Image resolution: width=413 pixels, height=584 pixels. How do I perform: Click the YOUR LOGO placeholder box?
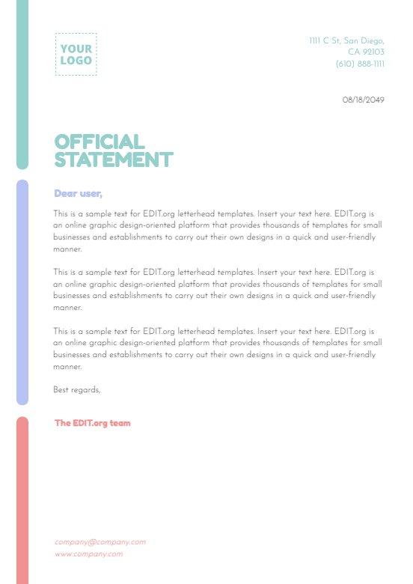click(76, 54)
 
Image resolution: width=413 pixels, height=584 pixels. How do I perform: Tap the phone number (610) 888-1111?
click(360, 64)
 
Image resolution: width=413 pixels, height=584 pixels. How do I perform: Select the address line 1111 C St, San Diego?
click(346, 40)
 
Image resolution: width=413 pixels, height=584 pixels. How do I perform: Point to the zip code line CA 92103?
click(366, 52)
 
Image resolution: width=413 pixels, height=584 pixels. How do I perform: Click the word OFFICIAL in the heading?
click(100, 142)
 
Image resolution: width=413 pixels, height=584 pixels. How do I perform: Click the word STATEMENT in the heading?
click(114, 159)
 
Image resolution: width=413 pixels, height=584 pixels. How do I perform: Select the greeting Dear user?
click(78, 193)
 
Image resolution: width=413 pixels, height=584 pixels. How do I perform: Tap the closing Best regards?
click(77, 389)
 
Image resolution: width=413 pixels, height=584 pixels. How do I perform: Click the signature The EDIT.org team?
click(92, 423)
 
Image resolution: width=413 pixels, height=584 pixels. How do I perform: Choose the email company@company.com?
click(100, 542)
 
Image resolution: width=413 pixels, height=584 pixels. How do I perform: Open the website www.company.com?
click(88, 554)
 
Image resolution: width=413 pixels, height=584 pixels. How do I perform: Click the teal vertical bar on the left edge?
click(22, 82)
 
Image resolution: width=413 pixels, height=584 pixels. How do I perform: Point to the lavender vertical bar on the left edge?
click(22, 292)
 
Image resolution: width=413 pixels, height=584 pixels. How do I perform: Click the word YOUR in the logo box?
click(76, 49)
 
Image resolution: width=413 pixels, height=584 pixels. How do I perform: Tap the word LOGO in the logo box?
click(76, 60)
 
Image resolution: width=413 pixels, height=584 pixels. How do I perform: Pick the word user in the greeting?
click(90, 193)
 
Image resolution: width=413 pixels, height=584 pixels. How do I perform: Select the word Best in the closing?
click(61, 389)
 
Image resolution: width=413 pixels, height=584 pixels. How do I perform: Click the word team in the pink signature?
click(120, 423)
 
